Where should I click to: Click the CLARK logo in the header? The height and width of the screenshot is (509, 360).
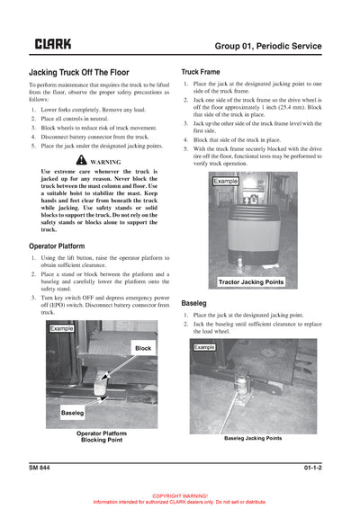tap(53, 43)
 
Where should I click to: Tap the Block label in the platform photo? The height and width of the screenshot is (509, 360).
tap(142, 347)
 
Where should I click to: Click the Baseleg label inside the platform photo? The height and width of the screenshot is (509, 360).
tap(73, 412)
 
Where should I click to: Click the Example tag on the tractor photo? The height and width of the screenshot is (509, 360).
tap(225, 182)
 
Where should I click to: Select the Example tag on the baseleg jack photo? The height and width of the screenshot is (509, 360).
tap(205, 346)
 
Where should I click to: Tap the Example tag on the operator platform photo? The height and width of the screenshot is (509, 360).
tap(62, 329)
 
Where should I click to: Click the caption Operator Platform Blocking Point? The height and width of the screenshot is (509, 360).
tap(101, 436)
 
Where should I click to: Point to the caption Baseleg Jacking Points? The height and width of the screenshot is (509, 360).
tap(253, 438)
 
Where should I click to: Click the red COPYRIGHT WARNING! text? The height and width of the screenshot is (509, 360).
tap(180, 496)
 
